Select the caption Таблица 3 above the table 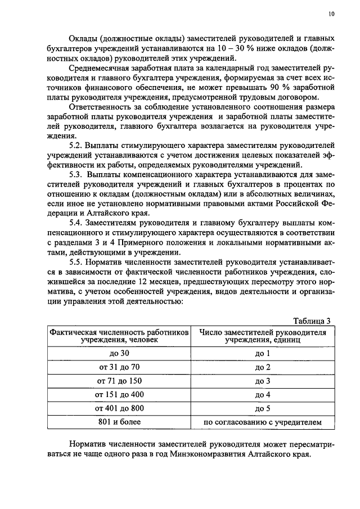coord(312,321)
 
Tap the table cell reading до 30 coord(118,354)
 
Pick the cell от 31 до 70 coord(118,367)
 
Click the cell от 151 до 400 coord(118,394)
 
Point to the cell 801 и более coord(118,421)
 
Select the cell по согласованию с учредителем coord(263,421)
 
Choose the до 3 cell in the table coord(263,381)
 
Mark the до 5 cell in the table coord(263,408)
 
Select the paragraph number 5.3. coord(76,175)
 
